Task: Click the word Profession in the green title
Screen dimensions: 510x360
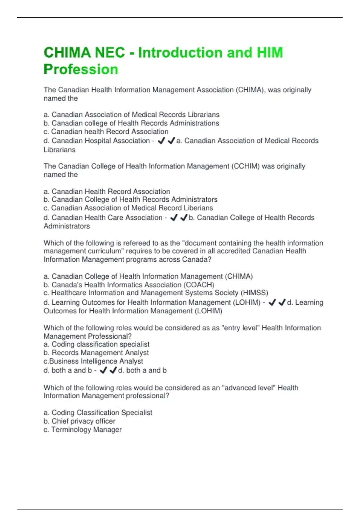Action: pos(81,69)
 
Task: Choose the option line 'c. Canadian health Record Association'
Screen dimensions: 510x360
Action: pos(106,132)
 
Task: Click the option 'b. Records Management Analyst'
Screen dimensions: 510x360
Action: pos(96,353)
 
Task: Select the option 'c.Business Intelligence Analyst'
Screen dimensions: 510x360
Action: pos(93,361)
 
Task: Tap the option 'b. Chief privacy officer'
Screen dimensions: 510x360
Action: pos(79,421)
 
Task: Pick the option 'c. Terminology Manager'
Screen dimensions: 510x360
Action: pos(82,430)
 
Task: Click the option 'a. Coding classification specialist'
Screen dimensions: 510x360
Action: pos(97,344)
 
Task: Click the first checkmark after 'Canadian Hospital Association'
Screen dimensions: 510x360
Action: pos(161,140)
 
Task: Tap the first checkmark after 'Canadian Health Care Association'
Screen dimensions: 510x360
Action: pos(174,218)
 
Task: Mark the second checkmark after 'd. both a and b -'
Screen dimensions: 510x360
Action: pos(113,370)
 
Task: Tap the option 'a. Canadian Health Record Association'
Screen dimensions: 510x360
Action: pos(107,191)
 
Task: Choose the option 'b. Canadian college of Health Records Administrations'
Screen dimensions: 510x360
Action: pos(131,123)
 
